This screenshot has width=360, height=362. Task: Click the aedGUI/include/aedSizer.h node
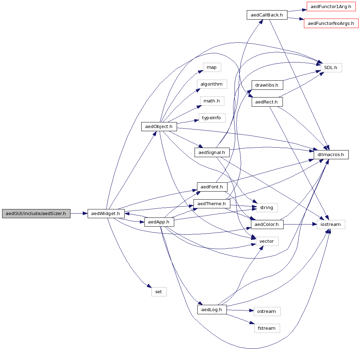pos(36,213)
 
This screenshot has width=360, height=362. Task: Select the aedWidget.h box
pos(106,213)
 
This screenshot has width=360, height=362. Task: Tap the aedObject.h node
pos(159,127)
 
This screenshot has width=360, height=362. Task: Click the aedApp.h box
pos(159,222)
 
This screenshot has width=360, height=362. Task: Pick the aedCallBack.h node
pos(267,15)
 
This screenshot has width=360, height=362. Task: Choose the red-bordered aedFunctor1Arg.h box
pos(331,7)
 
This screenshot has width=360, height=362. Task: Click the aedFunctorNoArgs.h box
pos(331,24)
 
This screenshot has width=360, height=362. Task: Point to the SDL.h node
pos(331,68)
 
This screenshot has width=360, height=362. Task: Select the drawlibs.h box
pos(267,85)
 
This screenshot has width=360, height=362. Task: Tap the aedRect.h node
pos(267,102)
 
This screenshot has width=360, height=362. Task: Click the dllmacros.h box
pos(331,154)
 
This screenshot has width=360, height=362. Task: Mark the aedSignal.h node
pos(212,152)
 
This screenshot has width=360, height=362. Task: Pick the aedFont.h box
pos(212,187)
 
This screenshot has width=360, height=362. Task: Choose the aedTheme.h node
pos(211,204)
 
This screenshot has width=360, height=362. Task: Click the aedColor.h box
pos(267,224)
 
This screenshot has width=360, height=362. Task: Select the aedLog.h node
pos(212,309)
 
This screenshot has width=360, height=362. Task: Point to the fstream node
pos(267,328)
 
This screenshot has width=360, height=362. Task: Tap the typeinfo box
pos(212,118)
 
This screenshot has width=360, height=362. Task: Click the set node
pos(159,292)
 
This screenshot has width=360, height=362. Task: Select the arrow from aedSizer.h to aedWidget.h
pos(79,213)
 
